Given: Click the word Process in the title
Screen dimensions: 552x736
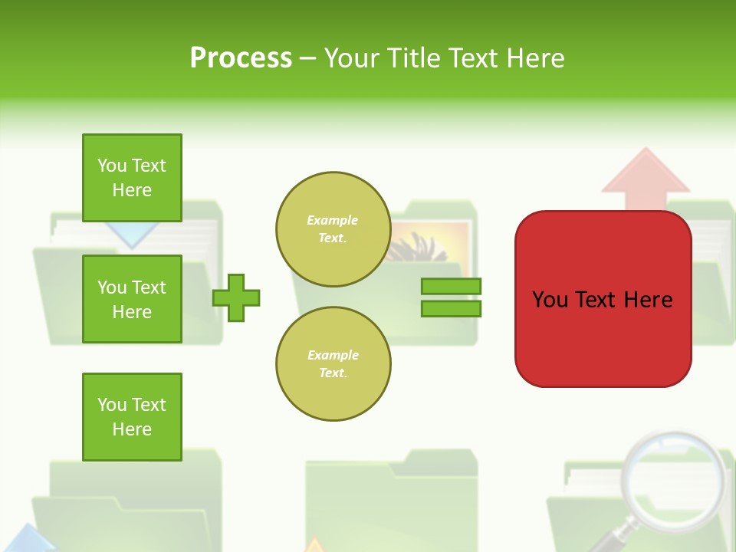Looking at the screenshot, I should [x=241, y=58].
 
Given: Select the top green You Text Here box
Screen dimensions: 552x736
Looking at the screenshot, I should [x=132, y=178].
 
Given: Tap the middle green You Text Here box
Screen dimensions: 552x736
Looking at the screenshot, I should [x=132, y=299].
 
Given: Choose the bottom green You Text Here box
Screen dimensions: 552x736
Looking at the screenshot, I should [x=132, y=417].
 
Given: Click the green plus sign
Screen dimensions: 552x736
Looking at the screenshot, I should [x=236, y=297].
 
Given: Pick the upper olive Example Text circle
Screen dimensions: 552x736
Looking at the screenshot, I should [x=333, y=229].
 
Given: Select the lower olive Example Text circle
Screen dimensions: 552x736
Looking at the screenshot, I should [x=333, y=364].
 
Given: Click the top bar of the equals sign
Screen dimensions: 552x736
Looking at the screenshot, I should [x=451, y=286].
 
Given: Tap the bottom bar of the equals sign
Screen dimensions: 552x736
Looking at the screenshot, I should [x=451, y=308].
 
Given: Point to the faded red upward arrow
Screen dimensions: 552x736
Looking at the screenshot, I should [x=646, y=180].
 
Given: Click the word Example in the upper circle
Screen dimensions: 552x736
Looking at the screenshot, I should [x=332, y=220].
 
